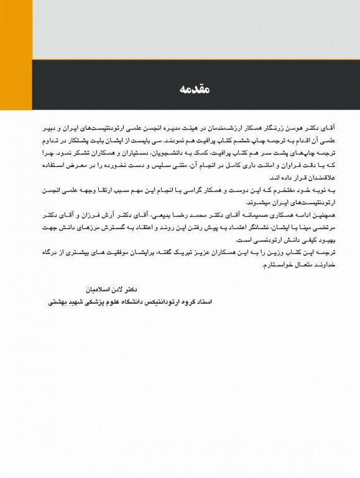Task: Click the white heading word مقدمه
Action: pos(198,90)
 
